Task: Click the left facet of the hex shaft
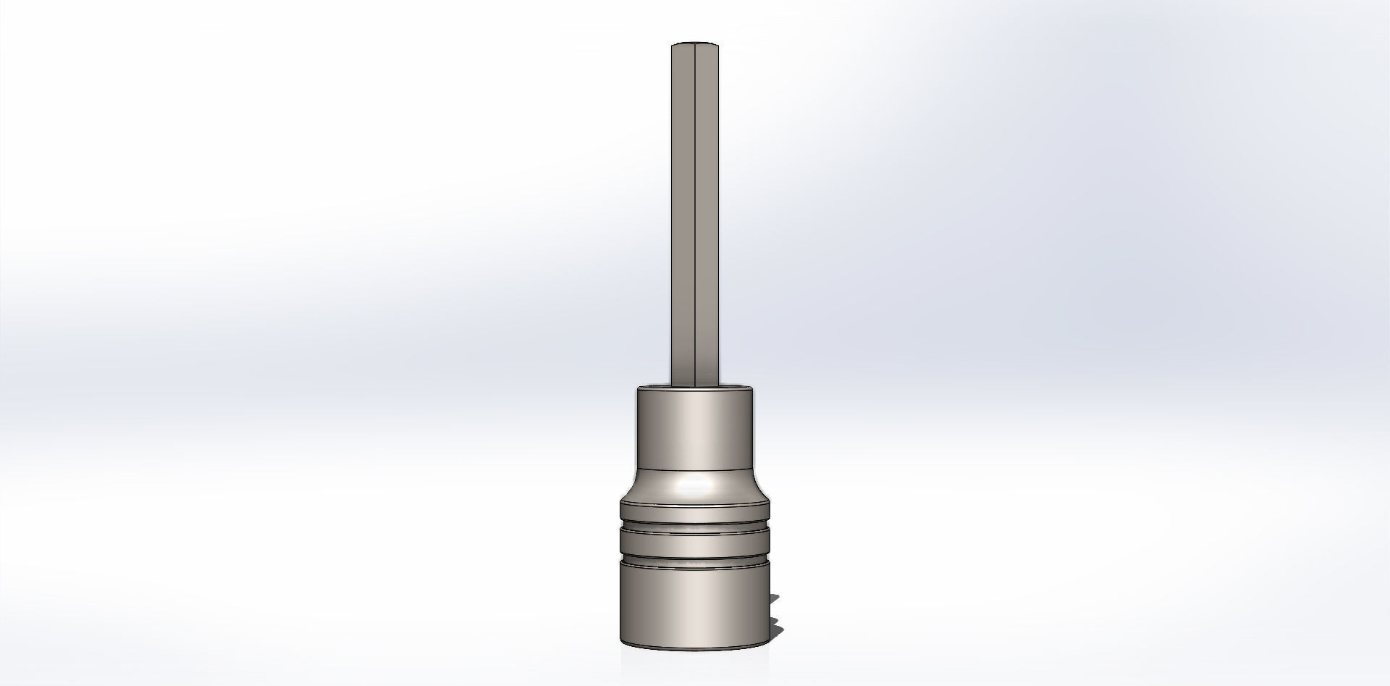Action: pyautogui.click(x=683, y=210)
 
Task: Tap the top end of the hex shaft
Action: pyautogui.click(x=695, y=45)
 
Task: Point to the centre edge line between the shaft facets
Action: pyautogui.click(x=695, y=210)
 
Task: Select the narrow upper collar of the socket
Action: pyautogui.click(x=695, y=427)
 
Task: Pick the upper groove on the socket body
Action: pyautogui.click(x=695, y=523)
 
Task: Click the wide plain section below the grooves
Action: pyautogui.click(x=695, y=605)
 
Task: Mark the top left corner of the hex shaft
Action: pyautogui.click(x=673, y=46)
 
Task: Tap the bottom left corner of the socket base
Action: pyautogui.click(x=621, y=642)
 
